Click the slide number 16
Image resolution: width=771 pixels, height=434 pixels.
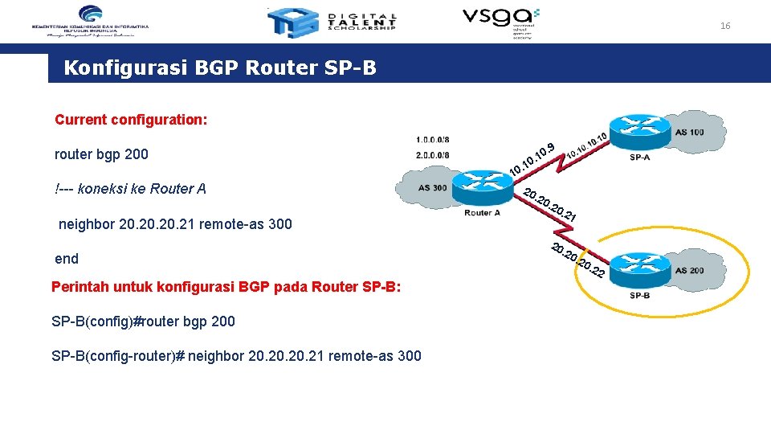(725, 27)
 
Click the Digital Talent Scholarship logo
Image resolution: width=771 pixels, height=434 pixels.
(332, 23)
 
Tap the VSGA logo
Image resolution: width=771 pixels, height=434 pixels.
(500, 22)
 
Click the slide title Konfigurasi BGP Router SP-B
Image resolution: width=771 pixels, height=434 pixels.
(219, 68)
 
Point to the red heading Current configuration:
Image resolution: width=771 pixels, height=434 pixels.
(131, 120)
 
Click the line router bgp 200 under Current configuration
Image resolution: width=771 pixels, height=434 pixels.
(101, 154)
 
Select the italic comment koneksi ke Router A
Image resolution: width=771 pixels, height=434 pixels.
(131, 189)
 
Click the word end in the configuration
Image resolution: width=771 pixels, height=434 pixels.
(67, 259)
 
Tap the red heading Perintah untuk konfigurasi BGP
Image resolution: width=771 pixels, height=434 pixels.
(226, 287)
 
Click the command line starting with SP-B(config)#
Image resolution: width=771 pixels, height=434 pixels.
(143, 321)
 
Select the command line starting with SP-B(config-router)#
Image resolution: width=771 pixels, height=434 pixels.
(236, 356)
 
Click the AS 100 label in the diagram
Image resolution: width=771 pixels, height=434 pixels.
(690, 132)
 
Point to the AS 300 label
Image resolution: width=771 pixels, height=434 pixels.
(434, 188)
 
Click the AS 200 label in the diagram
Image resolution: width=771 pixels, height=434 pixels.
(689, 271)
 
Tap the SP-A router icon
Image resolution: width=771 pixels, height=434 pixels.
(639, 129)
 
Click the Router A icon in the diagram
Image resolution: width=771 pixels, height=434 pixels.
(482, 188)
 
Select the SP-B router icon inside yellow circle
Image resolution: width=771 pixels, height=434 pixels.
(640, 269)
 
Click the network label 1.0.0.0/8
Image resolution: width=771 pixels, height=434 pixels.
(433, 139)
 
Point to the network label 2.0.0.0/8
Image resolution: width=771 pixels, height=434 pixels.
(433, 155)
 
